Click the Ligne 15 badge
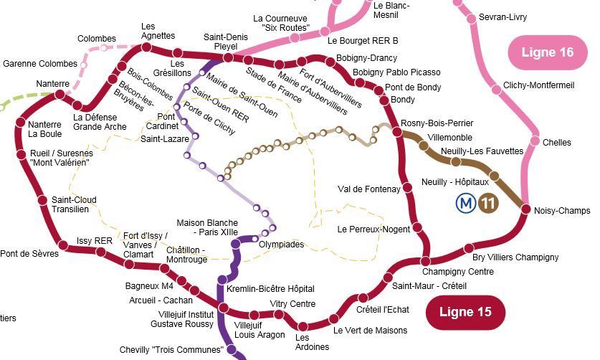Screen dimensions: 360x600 [x=465, y=312]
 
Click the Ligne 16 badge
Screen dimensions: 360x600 [x=547, y=52]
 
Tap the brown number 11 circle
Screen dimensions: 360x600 [x=490, y=204]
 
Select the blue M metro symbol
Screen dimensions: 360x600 [x=466, y=204]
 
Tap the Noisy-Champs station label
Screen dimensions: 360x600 [x=562, y=211]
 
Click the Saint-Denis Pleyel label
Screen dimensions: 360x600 [x=225, y=42]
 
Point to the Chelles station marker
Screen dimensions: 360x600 [x=533, y=141]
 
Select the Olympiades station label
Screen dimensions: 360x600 [x=281, y=245]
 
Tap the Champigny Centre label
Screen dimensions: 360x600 [x=457, y=272]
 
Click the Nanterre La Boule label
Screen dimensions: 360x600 [x=45, y=128]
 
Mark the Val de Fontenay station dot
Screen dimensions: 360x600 [x=407, y=188]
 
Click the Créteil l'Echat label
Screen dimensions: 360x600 [x=383, y=310]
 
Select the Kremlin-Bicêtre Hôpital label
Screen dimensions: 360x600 [x=270, y=289]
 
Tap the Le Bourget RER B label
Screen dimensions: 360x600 [x=363, y=41]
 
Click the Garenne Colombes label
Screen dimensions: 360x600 [x=39, y=64]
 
